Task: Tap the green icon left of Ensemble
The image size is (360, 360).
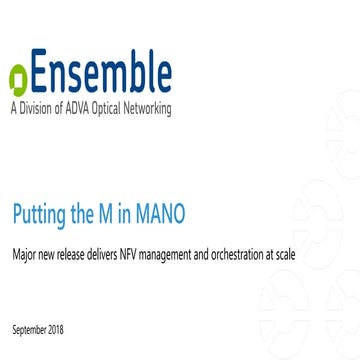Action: click(17, 79)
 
